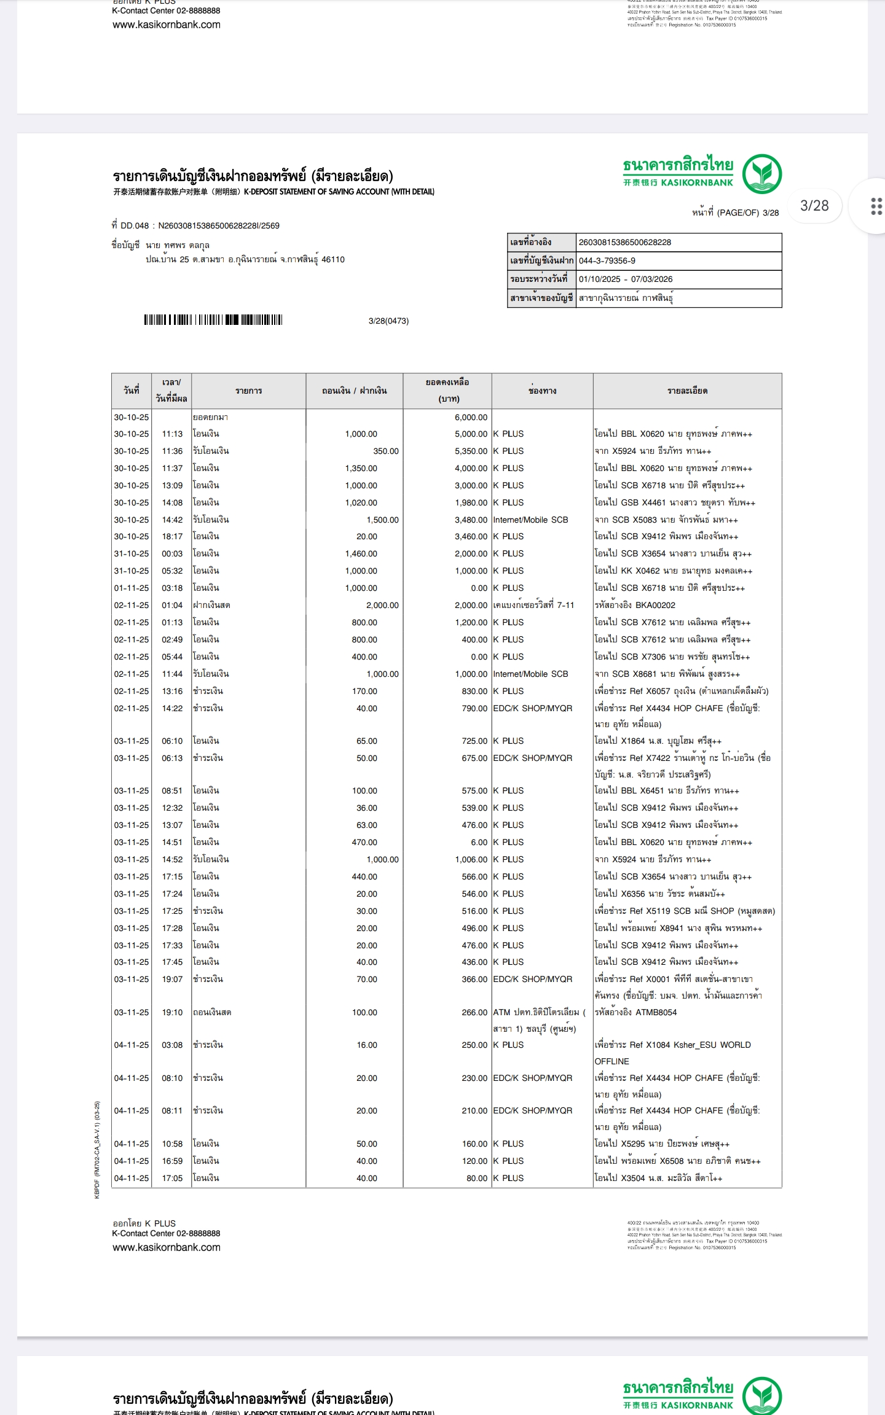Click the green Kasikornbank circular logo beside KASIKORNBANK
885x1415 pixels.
coord(761,174)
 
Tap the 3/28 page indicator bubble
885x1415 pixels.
coord(814,206)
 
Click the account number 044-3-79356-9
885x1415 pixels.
coord(607,260)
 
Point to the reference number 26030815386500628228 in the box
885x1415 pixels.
coord(625,242)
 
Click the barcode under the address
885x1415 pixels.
coord(213,319)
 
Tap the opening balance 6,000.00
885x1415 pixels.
coord(471,417)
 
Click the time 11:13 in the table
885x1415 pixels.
coord(172,434)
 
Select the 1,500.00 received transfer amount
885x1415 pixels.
coord(382,520)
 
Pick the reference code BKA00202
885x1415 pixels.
coord(655,605)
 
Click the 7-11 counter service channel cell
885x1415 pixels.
coord(533,605)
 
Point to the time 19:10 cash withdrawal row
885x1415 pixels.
coord(172,1012)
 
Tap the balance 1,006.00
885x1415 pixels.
coord(471,859)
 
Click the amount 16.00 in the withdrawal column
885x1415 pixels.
coord(367,1045)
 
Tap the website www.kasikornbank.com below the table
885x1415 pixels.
coord(166,1247)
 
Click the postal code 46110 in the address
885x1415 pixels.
coord(333,260)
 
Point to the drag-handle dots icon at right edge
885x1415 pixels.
coord(876,206)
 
